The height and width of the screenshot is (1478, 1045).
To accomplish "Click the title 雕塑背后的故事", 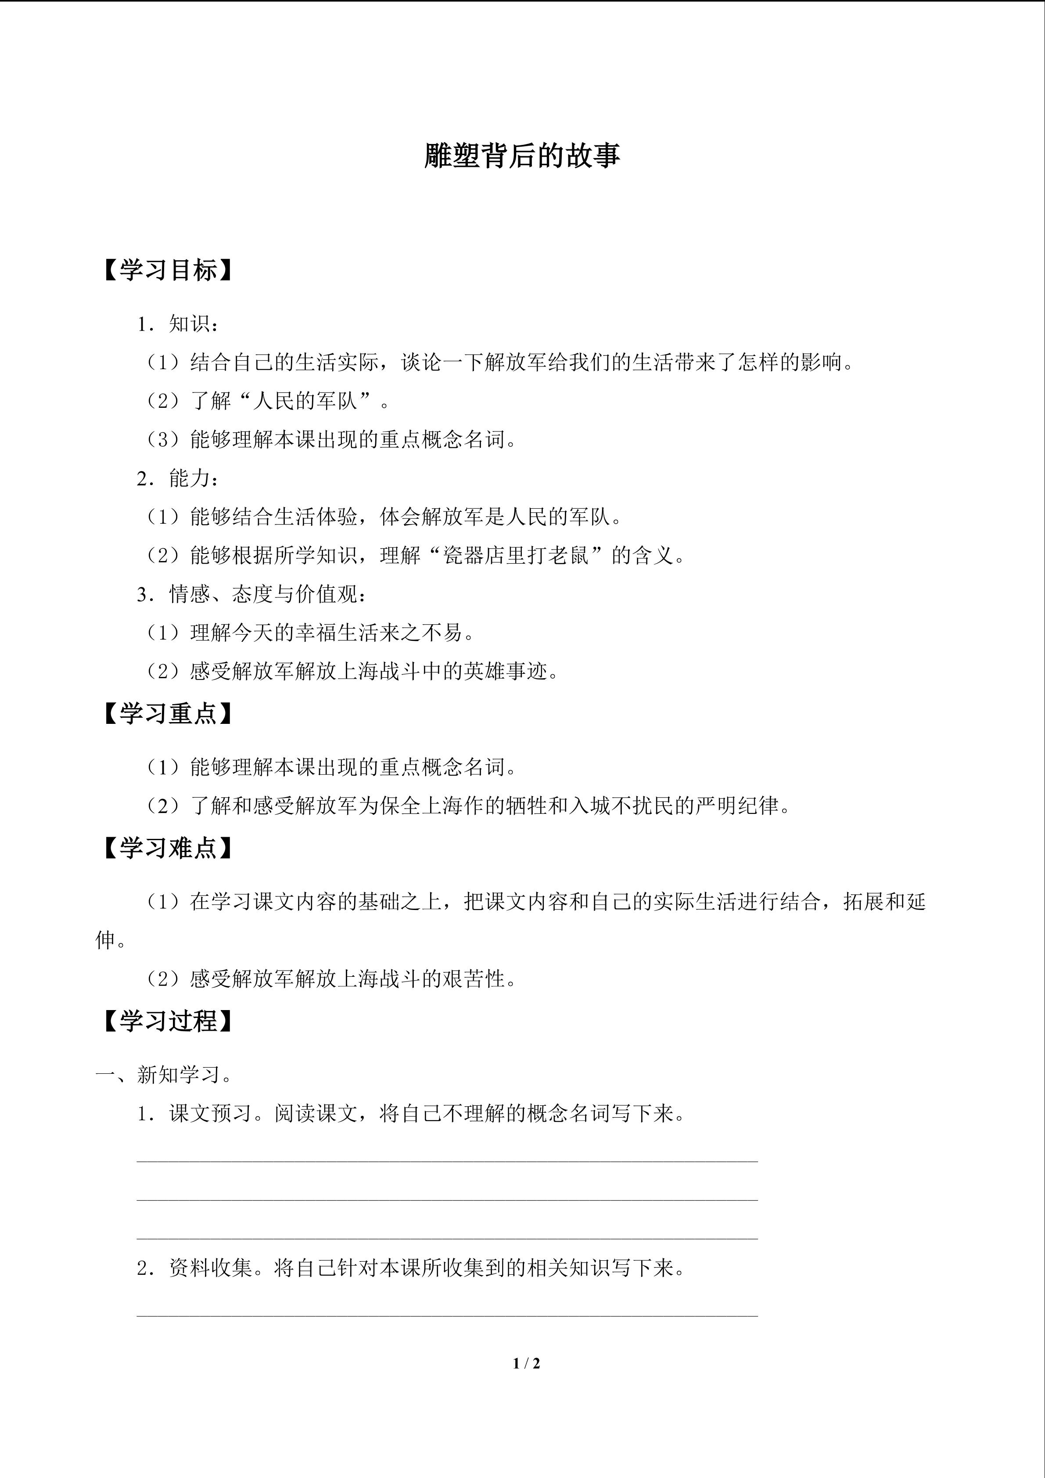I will (522, 156).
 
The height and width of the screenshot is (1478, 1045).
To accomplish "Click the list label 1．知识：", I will (178, 324).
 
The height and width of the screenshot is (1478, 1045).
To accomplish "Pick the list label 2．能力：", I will (178, 478).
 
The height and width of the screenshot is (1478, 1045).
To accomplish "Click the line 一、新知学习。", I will (164, 1075).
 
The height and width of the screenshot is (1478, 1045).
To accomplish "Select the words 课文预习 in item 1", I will (210, 1113).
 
